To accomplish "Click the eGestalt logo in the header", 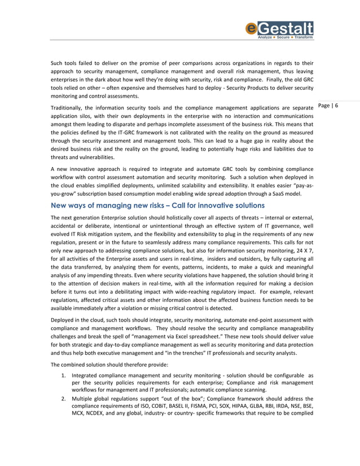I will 279,30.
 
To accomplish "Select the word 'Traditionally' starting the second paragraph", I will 69,108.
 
